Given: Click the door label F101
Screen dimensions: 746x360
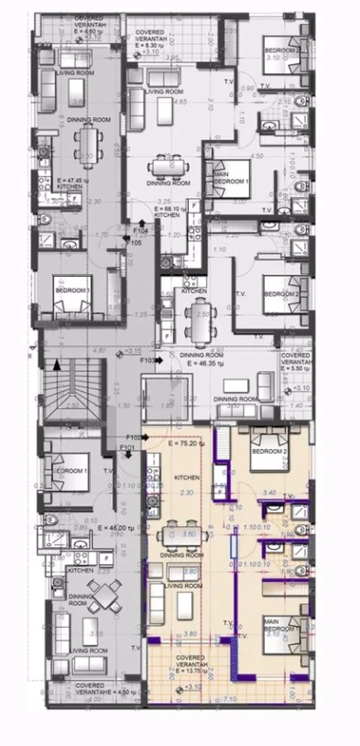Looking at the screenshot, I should [127, 447].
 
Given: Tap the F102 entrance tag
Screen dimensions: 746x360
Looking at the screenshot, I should [134, 437].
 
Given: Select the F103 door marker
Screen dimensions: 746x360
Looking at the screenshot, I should [147, 361].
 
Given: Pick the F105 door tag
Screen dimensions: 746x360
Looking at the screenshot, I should [134, 243].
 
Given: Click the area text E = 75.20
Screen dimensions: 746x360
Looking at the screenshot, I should [186, 443].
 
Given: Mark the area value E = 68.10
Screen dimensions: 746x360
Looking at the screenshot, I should [166, 209].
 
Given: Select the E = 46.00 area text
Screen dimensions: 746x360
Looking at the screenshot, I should [116, 528].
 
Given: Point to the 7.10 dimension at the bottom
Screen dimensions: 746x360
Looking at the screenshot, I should [229, 699].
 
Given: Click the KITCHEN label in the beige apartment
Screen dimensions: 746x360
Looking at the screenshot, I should [187, 477].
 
